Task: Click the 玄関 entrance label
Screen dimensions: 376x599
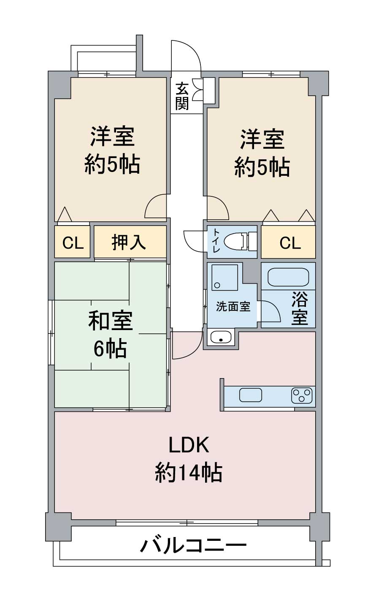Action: click(x=182, y=97)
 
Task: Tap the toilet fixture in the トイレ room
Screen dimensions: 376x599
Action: click(x=240, y=242)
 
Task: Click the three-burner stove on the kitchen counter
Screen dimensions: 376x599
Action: click(x=302, y=395)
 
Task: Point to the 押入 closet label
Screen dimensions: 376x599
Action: click(x=129, y=242)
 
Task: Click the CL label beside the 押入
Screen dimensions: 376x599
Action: click(x=73, y=243)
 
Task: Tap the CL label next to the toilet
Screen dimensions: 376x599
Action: click(x=290, y=243)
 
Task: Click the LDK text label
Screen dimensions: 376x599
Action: click(x=189, y=445)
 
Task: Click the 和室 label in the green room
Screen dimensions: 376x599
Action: click(x=110, y=321)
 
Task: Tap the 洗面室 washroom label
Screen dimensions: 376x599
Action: click(x=233, y=306)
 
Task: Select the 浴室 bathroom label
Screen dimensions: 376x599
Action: click(x=300, y=308)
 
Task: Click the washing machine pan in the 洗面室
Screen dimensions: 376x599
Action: click(x=225, y=277)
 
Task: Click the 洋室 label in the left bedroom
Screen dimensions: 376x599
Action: click(x=112, y=137)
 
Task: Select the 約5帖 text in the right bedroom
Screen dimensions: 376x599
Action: click(x=262, y=168)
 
